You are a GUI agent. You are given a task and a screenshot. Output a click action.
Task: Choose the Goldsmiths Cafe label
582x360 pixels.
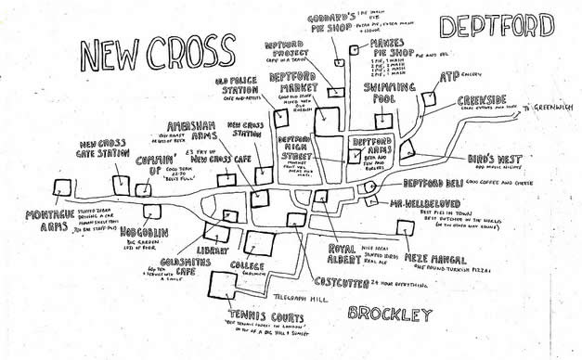click(186, 269)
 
